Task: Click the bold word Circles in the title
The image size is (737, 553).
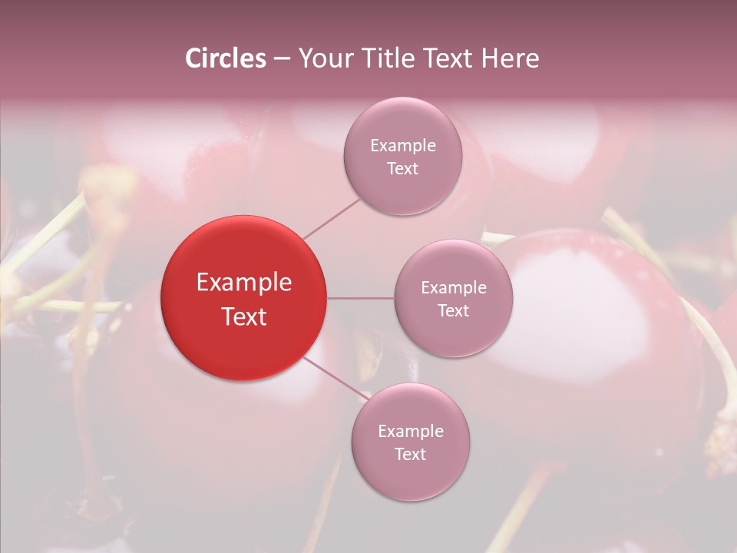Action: point(226,58)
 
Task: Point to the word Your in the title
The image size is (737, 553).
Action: point(322,58)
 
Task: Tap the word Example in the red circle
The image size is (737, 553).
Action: point(244,283)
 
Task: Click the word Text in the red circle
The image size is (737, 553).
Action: point(244,316)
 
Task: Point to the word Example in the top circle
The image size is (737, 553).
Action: point(403,146)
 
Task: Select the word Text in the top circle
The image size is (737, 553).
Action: point(403,169)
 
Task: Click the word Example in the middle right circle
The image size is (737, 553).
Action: point(454,288)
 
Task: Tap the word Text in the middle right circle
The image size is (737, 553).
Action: point(454,311)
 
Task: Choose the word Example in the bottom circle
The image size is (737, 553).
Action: point(411,431)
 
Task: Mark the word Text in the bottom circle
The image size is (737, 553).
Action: point(411,454)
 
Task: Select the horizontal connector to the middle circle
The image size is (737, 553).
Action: point(361,298)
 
